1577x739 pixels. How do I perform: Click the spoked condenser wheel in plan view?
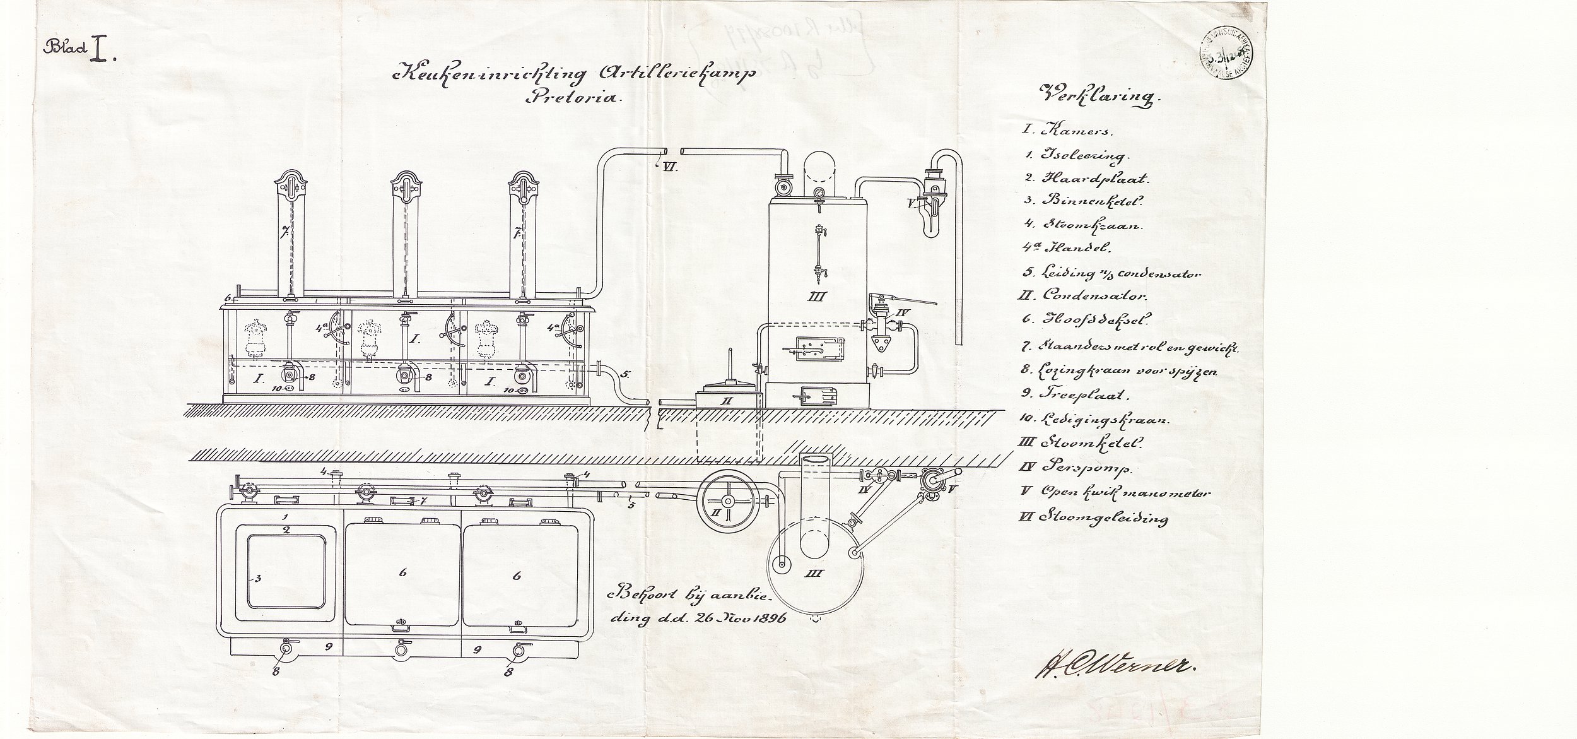[727, 519]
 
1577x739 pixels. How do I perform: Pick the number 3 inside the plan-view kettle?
[256, 577]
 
